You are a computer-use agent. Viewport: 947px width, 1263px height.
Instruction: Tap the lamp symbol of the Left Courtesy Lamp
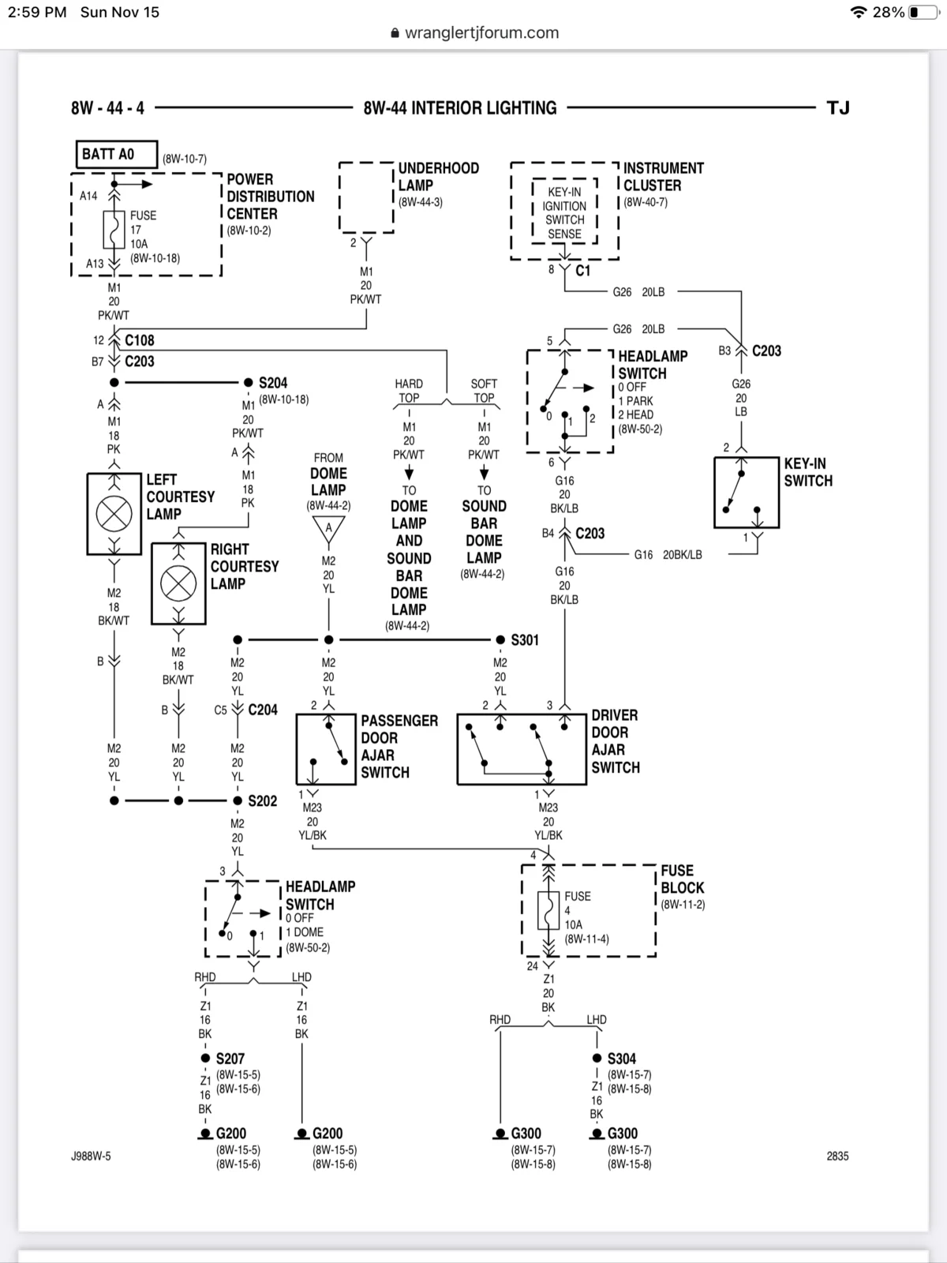click(114, 513)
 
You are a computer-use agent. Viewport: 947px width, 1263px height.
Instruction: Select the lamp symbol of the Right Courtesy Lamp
click(178, 583)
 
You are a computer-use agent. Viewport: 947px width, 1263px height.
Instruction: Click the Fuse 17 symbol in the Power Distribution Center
click(114, 230)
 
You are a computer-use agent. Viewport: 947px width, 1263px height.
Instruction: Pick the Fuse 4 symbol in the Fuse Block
click(548, 910)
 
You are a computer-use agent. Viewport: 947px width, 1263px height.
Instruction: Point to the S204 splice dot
click(249, 382)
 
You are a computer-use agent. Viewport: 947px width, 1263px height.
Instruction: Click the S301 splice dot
click(500, 639)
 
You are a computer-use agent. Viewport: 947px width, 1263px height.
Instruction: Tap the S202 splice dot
click(238, 800)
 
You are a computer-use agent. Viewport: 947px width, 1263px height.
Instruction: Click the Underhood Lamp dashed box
click(339, 197)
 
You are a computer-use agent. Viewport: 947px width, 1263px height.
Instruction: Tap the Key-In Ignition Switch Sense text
click(564, 213)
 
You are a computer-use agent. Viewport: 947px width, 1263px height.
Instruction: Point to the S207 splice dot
click(205, 1058)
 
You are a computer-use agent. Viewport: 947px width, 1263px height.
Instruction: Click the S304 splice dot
click(597, 1058)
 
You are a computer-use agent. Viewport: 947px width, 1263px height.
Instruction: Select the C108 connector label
click(140, 340)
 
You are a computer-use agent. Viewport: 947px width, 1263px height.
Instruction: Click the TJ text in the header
click(838, 107)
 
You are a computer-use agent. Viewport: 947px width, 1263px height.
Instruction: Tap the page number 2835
click(838, 1156)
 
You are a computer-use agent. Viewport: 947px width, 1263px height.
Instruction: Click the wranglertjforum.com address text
click(482, 33)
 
